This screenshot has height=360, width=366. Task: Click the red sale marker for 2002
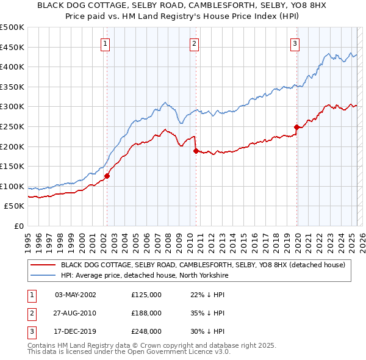[107, 176]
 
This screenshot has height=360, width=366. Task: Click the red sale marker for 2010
[196, 151]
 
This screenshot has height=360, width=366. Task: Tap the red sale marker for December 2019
[296, 127]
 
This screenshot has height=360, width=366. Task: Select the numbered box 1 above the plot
[106, 43]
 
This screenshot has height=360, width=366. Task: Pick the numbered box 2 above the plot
[194, 43]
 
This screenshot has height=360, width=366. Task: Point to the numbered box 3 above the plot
[295, 43]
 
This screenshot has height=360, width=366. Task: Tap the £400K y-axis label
[12, 67]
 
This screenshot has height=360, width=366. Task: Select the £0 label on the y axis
[18, 226]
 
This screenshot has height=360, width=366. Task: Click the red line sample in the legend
[42, 265]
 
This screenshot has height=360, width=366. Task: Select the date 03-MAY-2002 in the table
[76, 295]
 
